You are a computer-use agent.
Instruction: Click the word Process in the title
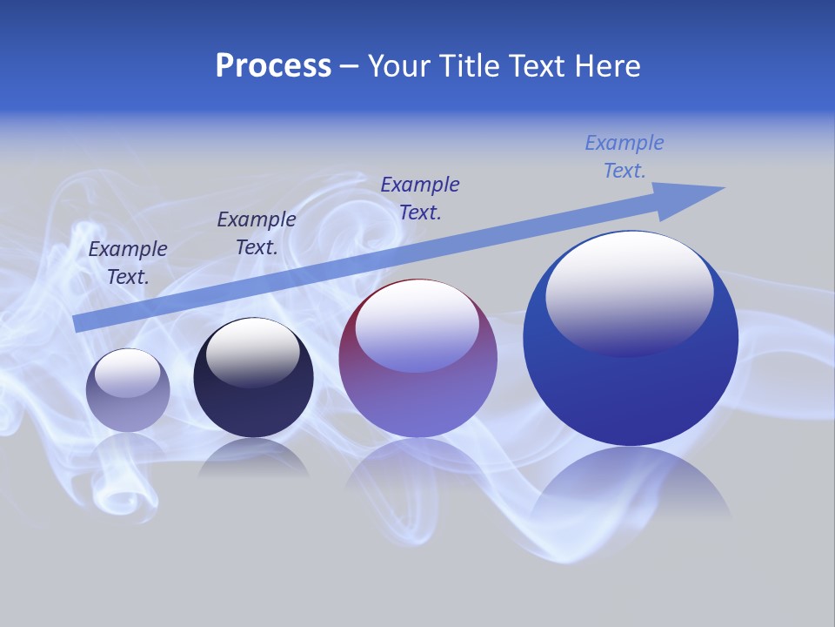(273, 66)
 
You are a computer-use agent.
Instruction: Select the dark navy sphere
(253, 401)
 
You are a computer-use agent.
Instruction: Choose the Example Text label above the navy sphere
(257, 233)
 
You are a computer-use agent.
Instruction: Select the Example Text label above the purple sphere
(420, 198)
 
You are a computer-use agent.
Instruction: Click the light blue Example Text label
(625, 157)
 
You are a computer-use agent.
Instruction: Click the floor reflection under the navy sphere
(253, 458)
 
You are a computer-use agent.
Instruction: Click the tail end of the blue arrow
(80, 322)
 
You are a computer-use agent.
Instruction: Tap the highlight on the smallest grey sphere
(127, 372)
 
